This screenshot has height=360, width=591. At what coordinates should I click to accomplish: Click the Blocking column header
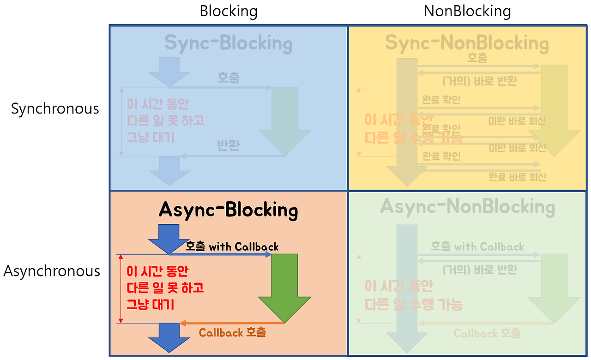[x=229, y=11]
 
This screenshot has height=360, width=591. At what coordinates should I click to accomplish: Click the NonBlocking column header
[x=467, y=11]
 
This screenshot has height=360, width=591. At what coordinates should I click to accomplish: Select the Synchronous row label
[x=55, y=109]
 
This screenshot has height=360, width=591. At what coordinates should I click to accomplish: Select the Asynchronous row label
[x=52, y=271]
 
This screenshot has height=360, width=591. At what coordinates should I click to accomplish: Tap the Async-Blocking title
[x=228, y=210]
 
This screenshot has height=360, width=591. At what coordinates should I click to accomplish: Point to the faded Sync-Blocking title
[x=228, y=43]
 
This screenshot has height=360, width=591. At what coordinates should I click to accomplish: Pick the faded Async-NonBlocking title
[x=467, y=207]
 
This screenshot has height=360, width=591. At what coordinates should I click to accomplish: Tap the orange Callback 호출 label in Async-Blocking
[x=232, y=332]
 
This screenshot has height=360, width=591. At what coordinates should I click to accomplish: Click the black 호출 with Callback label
[x=232, y=246]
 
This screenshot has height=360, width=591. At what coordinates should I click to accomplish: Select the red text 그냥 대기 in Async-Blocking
[x=150, y=305]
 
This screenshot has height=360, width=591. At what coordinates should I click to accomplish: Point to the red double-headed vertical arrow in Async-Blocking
[x=121, y=288]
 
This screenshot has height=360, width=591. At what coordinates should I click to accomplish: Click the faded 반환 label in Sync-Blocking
[x=229, y=146]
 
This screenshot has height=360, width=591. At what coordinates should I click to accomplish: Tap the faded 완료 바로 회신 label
[x=517, y=176]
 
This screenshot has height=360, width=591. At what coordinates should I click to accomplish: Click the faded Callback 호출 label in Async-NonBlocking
[x=487, y=333]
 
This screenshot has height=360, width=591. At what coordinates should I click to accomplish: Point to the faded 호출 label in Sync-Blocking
[x=229, y=78]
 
